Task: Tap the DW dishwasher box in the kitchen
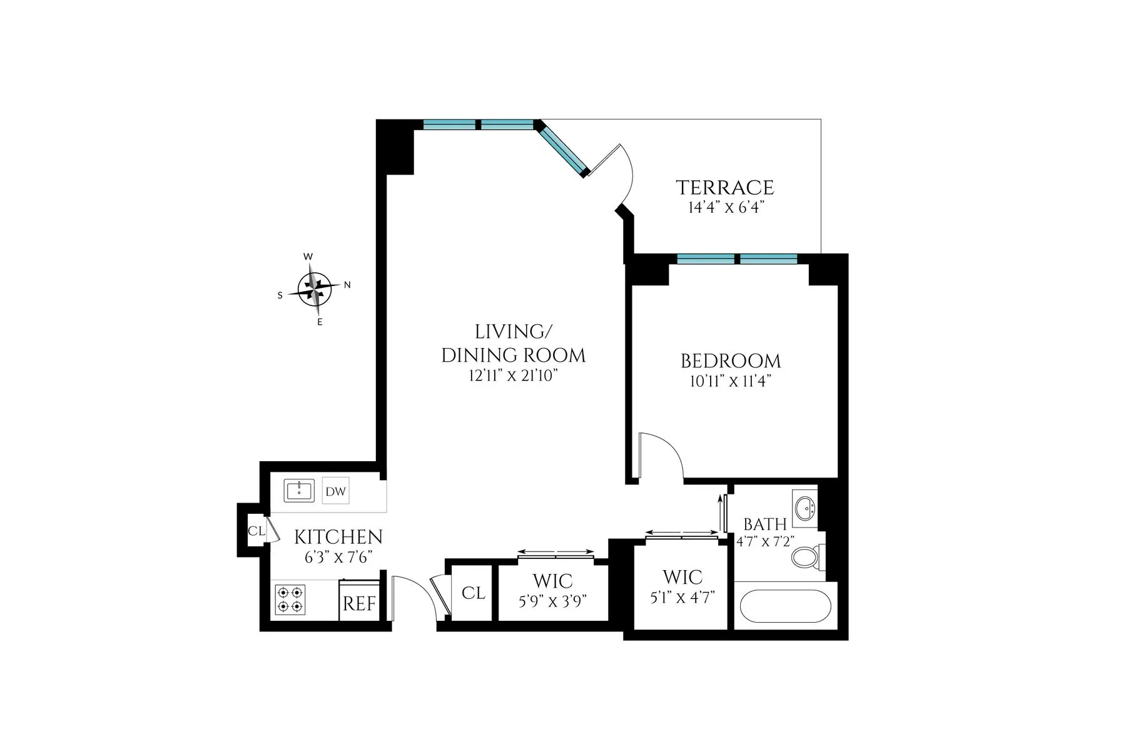click(x=335, y=491)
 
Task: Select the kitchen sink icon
click(x=299, y=491)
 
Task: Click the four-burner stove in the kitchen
click(x=291, y=599)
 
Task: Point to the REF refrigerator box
click(x=359, y=603)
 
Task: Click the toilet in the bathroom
click(x=807, y=557)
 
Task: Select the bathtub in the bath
click(x=784, y=606)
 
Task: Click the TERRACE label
click(x=724, y=187)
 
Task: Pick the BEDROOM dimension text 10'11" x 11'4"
click(x=729, y=381)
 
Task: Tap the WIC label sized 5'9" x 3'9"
click(x=553, y=581)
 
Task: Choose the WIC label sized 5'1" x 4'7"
click(x=682, y=576)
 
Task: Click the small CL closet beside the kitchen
click(x=255, y=531)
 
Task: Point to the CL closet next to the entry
click(x=473, y=593)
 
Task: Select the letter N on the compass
click(x=347, y=285)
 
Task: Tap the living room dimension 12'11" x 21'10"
click(x=513, y=376)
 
